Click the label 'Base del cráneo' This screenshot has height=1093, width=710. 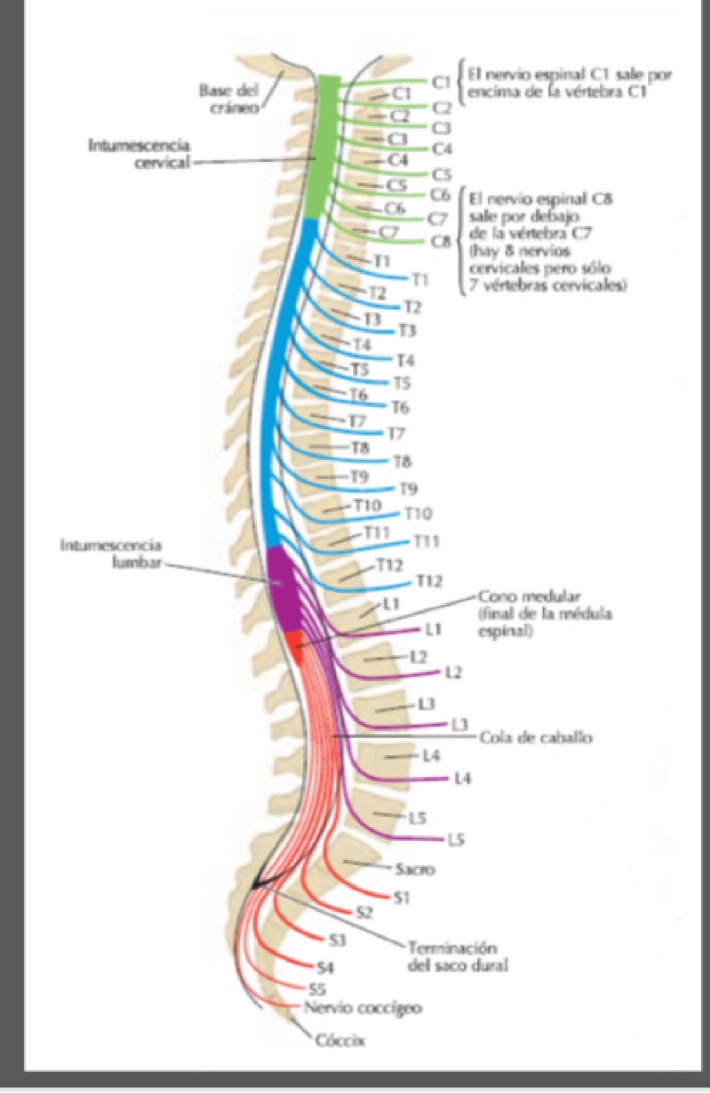point(228,98)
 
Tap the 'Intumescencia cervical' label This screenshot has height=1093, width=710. point(139,153)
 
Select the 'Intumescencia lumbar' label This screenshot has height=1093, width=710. point(111,554)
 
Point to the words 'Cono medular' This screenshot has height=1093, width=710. point(530,597)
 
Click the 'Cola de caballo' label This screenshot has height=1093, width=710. point(535,738)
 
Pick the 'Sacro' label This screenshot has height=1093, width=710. point(415,870)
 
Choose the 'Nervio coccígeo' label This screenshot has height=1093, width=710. point(363,1008)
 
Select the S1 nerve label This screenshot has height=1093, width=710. point(402,898)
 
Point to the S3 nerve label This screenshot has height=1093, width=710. point(337,941)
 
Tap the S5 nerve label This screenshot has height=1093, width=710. point(317,989)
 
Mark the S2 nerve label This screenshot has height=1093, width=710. point(364,914)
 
